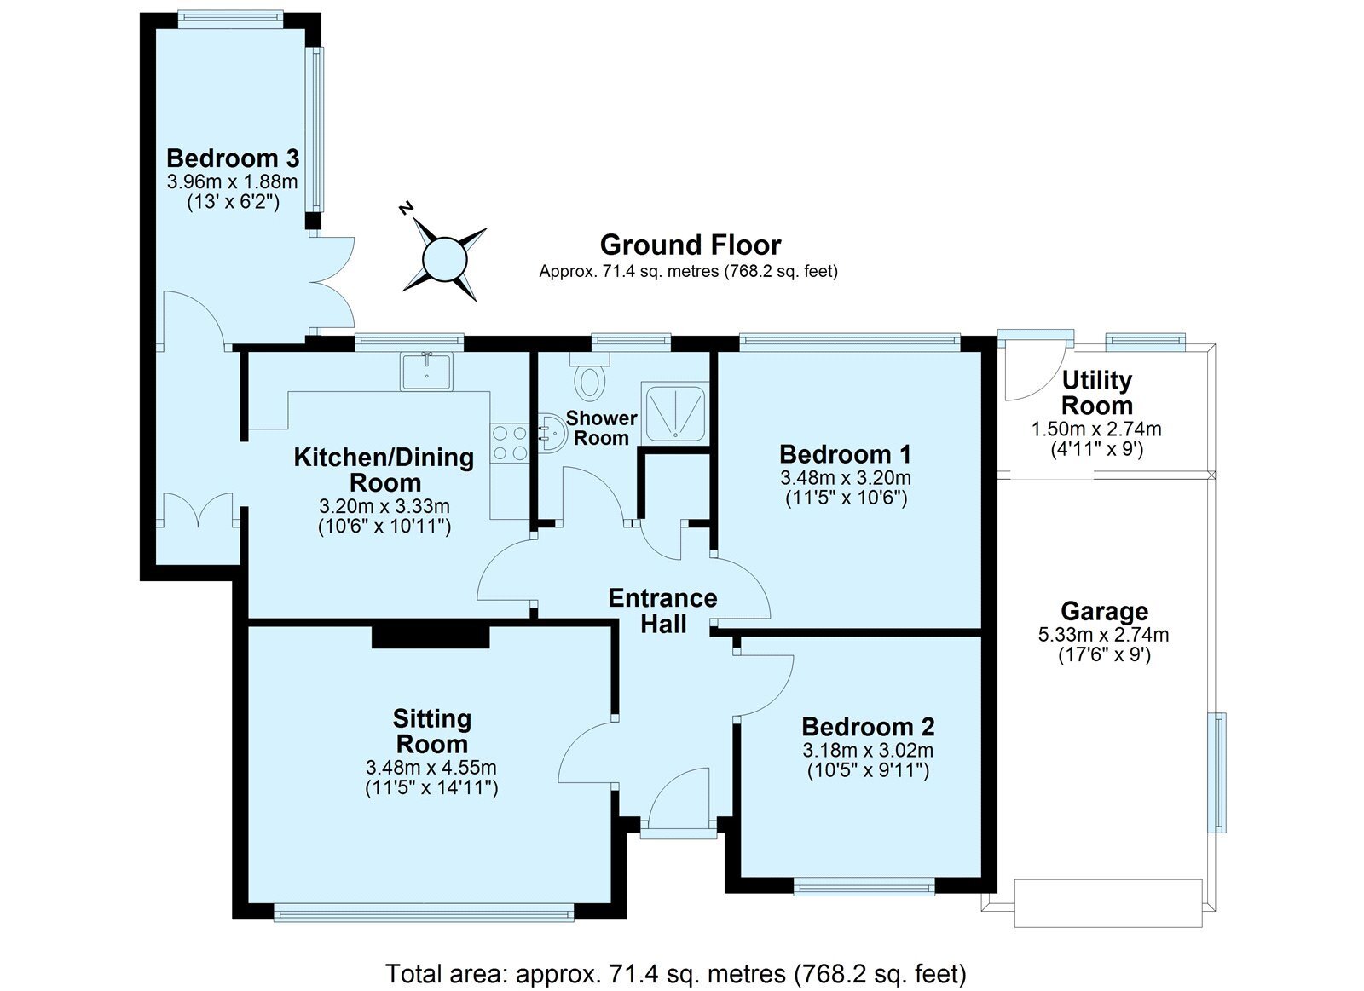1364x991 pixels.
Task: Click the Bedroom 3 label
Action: pyautogui.click(x=233, y=158)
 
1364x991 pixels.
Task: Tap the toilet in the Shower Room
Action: pyautogui.click(x=589, y=377)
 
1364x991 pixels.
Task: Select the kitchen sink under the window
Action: pyautogui.click(x=426, y=372)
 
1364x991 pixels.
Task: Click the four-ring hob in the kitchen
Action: pyautogui.click(x=511, y=443)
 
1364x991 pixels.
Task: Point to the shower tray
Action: pyautogui.click(x=675, y=412)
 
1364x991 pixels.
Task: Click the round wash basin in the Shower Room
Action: pyautogui.click(x=551, y=434)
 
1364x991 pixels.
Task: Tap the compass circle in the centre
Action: pyautogui.click(x=444, y=259)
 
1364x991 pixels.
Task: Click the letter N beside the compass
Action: pyautogui.click(x=405, y=208)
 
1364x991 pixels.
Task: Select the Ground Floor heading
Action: pyautogui.click(x=691, y=245)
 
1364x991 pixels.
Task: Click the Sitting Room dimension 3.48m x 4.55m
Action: pyautogui.click(x=431, y=768)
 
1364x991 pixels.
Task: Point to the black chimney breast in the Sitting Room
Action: pyautogui.click(x=431, y=637)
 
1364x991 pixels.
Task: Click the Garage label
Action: pyautogui.click(x=1104, y=611)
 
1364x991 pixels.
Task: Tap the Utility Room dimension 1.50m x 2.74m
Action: pyautogui.click(x=1096, y=429)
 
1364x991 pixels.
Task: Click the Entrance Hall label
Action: pyautogui.click(x=662, y=611)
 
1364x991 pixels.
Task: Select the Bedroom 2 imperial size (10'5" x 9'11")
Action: pyautogui.click(x=868, y=771)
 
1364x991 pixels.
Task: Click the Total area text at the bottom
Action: pyautogui.click(x=675, y=974)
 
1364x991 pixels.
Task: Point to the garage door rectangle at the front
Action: pyautogui.click(x=1107, y=902)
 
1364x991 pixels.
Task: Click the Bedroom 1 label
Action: pyautogui.click(x=845, y=455)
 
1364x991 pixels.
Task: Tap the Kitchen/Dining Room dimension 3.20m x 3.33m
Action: pyautogui.click(x=384, y=506)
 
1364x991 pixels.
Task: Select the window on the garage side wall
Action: pyautogui.click(x=1219, y=773)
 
